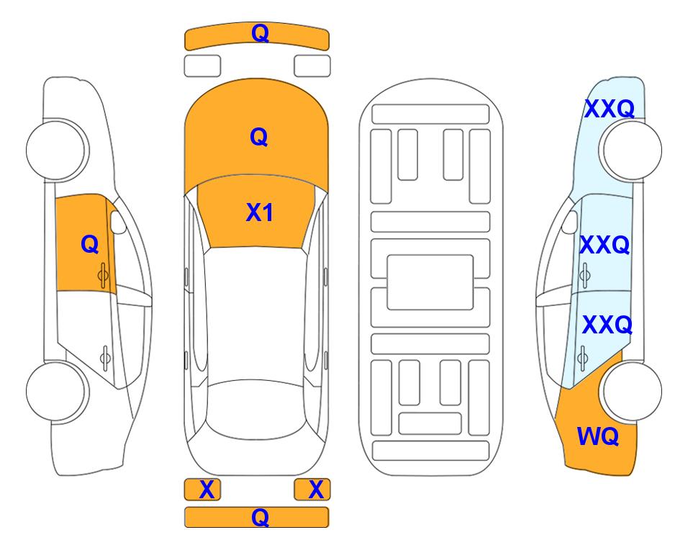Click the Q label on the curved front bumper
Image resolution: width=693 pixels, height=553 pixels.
(x=260, y=34)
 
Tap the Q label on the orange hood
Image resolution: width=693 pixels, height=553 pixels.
(x=259, y=137)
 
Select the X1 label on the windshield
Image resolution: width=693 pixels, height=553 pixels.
(x=260, y=212)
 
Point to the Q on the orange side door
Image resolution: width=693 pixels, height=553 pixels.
(x=90, y=244)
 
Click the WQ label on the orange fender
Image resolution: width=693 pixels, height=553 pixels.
(x=598, y=436)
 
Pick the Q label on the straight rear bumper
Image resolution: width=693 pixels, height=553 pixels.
(x=260, y=517)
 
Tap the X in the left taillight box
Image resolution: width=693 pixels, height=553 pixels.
(x=207, y=490)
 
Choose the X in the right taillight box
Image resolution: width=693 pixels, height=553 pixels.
(x=316, y=490)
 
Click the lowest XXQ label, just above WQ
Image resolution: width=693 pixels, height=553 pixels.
(x=607, y=325)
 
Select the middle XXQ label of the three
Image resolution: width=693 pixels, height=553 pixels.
(x=604, y=245)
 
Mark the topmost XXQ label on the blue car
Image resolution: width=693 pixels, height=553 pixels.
(x=610, y=109)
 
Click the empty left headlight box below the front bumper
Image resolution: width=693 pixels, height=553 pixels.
(x=202, y=66)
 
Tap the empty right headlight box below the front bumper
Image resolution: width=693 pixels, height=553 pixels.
(x=312, y=66)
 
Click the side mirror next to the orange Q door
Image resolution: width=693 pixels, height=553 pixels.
(x=117, y=222)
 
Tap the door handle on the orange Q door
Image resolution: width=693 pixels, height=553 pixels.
(x=103, y=275)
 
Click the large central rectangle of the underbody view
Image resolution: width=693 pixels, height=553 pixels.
(x=430, y=282)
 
